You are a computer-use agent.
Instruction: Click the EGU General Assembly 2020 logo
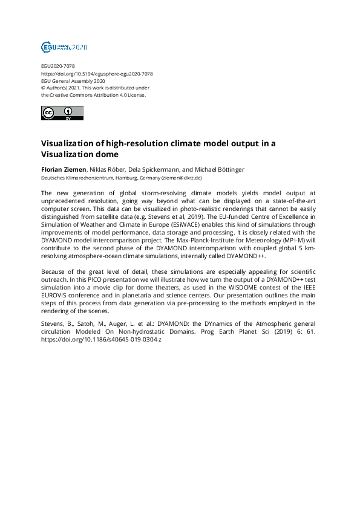coord(64,47)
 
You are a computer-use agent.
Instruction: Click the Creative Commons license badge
coord(62,113)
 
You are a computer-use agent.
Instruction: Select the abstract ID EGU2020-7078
coord(58,65)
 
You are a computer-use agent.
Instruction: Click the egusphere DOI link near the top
coord(96,73)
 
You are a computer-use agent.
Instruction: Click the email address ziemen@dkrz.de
coord(182,178)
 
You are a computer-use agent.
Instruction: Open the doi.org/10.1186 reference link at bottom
coord(101,340)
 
